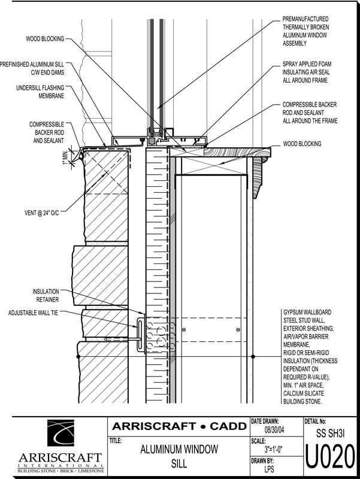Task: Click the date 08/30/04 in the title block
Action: [x=274, y=430]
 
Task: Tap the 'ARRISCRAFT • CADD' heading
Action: [x=179, y=426]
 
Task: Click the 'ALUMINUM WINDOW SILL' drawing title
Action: [x=179, y=455]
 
